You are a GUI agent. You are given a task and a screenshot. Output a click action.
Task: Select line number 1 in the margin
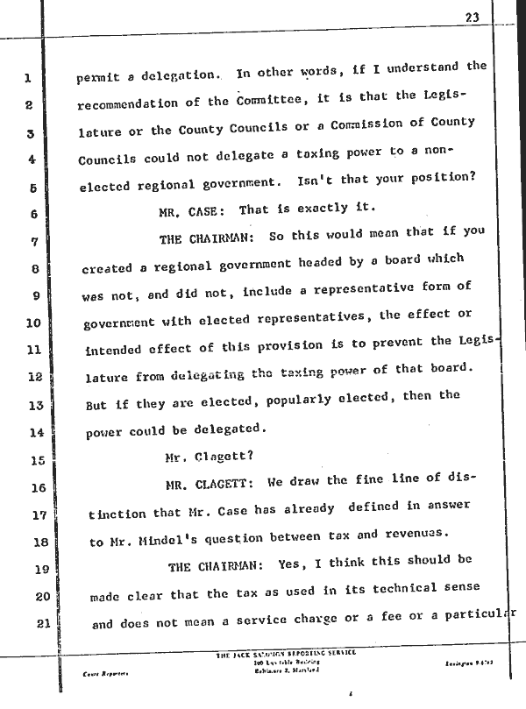coord(28,79)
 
